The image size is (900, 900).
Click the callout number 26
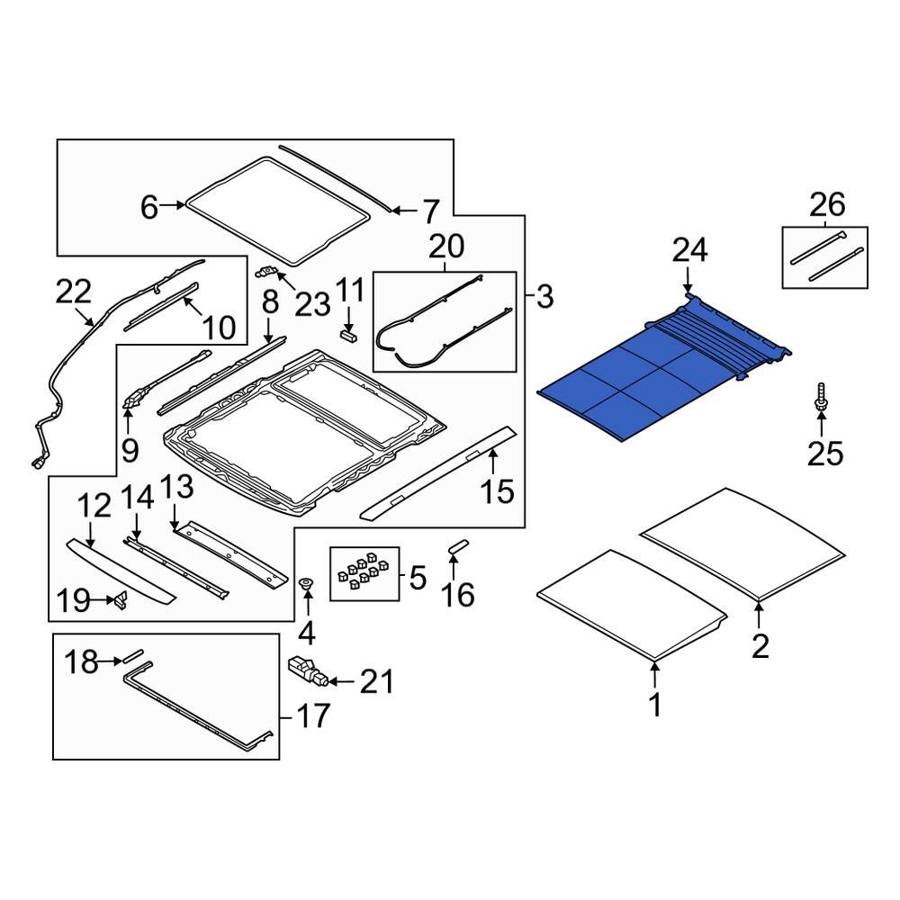[x=827, y=205]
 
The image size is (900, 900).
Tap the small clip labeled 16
[x=456, y=547]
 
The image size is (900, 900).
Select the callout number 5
[x=417, y=578]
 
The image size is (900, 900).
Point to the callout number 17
[x=314, y=717]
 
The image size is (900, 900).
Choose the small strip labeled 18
[x=134, y=655]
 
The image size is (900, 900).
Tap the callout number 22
[x=74, y=291]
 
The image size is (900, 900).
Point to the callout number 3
[x=544, y=296]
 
